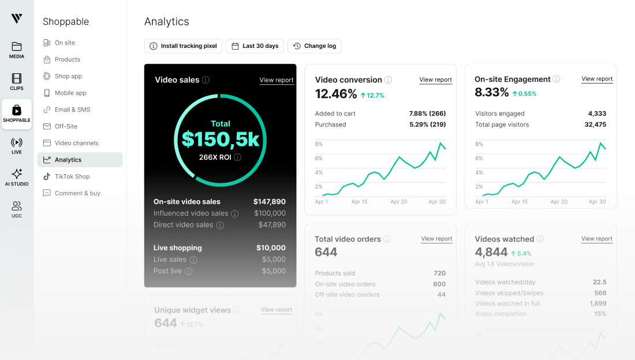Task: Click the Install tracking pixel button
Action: [x=183, y=46]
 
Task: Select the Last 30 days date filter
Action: [x=255, y=46]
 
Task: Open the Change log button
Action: [x=315, y=46]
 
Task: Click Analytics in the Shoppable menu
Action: [x=68, y=160]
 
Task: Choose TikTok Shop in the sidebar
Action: [x=72, y=177]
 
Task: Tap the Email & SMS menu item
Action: [x=72, y=110]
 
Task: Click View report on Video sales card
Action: [x=277, y=80]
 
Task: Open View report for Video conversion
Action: [x=435, y=80]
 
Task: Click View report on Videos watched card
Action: [x=596, y=238]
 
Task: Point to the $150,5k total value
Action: [x=220, y=139]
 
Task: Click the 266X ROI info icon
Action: [x=238, y=157]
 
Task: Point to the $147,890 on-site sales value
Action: [x=269, y=202]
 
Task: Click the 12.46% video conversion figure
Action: [x=336, y=94]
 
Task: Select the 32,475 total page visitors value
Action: [x=595, y=125]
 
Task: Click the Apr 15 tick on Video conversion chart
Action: [x=359, y=202]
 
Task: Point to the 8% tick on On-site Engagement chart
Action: [x=479, y=144]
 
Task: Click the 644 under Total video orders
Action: [x=326, y=252]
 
